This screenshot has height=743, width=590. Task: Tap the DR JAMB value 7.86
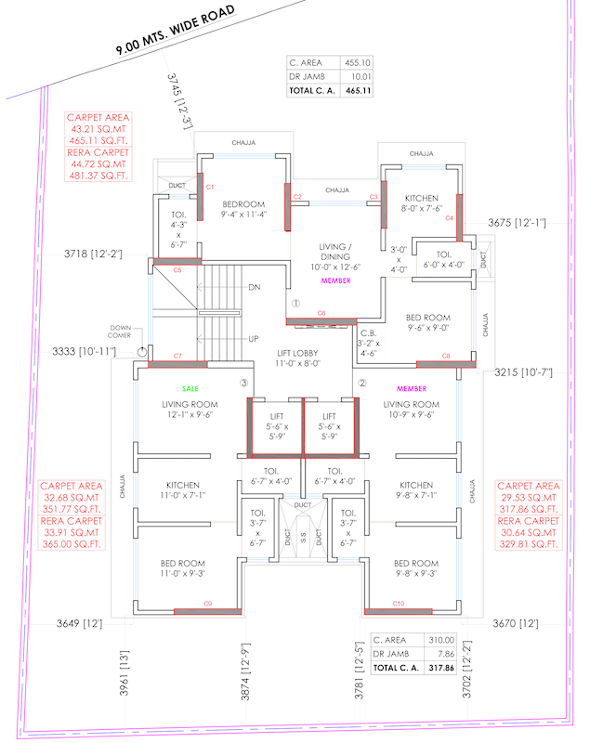[x=442, y=654]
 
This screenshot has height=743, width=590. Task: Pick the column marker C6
[x=321, y=313]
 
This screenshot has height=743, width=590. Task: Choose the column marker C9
[x=207, y=604]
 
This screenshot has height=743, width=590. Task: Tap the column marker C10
[x=399, y=604]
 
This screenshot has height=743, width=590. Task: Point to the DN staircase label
[x=254, y=287]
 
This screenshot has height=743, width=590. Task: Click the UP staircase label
[x=253, y=339]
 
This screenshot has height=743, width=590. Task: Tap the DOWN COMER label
[x=122, y=331]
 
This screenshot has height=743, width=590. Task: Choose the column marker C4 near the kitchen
[x=448, y=218]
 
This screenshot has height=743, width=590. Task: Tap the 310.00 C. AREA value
[x=441, y=640]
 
